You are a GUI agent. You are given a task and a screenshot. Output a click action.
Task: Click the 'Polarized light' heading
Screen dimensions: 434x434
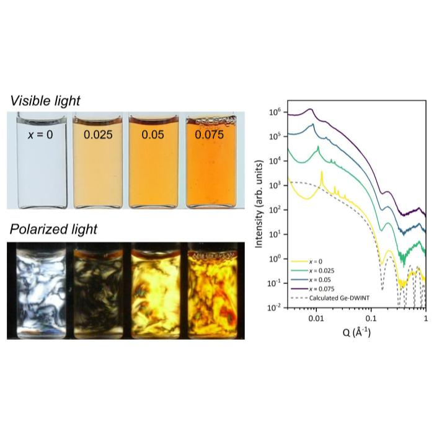[54, 229]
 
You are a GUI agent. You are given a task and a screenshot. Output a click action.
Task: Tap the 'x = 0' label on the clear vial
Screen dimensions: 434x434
[40, 133]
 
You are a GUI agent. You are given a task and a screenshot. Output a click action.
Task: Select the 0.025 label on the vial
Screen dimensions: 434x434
[97, 134]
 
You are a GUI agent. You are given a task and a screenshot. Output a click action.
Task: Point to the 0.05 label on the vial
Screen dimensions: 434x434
[155, 134]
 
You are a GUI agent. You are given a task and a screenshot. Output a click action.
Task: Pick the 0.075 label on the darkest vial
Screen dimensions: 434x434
[213, 134]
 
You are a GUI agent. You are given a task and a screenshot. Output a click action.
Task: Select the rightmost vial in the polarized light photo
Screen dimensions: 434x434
[213, 291]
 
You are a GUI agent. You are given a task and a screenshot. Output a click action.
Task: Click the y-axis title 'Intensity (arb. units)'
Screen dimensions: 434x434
[260, 207]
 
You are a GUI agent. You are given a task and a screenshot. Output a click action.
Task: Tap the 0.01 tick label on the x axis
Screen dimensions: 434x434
[317, 318]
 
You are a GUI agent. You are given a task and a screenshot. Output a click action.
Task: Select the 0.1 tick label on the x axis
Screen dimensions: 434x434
[371, 318]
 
